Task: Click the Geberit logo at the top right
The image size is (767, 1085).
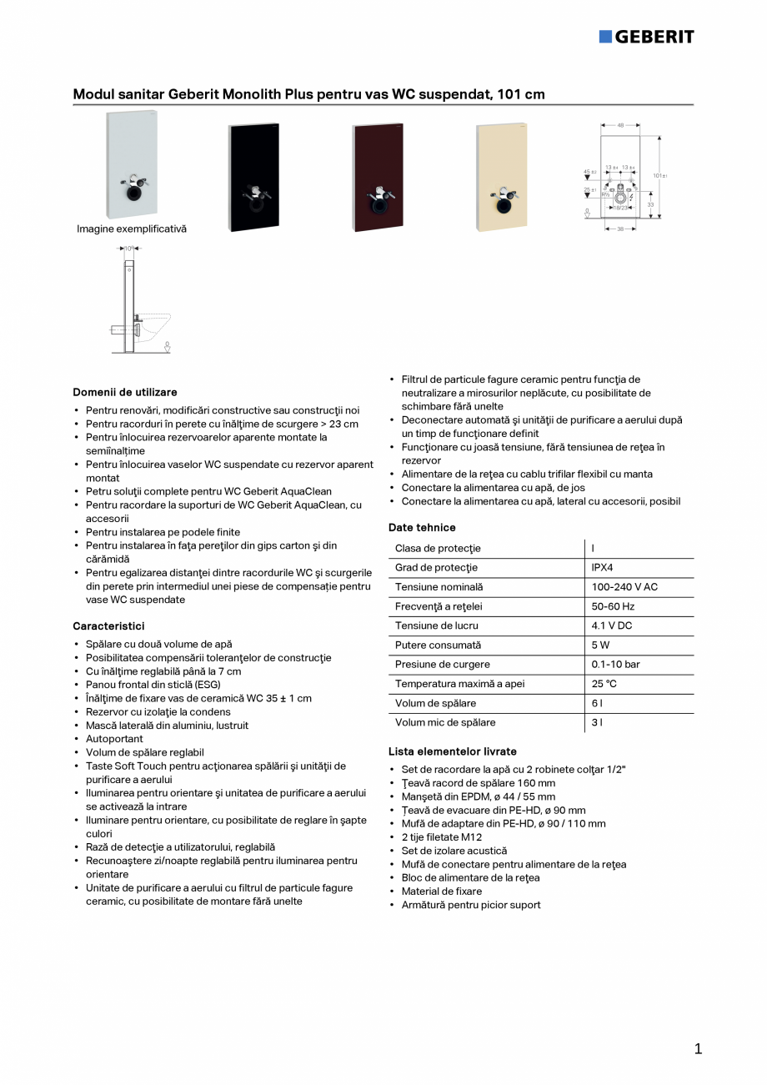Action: pos(646,37)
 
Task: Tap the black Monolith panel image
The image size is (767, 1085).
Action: pos(253,176)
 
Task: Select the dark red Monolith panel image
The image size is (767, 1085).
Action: pos(378,176)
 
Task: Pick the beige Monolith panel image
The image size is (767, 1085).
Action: pos(501,176)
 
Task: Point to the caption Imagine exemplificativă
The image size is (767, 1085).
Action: pos(132,229)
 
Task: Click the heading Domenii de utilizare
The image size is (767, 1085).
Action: pos(125,392)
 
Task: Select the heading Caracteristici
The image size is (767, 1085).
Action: pos(108,625)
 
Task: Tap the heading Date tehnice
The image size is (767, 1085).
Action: pos(422,528)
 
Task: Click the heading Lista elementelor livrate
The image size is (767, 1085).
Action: pos(453,751)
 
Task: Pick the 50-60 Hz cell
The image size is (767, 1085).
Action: pos(613,606)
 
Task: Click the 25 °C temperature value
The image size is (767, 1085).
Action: pos(604,684)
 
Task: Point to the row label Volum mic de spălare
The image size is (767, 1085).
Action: pos(445,723)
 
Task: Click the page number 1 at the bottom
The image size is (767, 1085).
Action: pos(698,1049)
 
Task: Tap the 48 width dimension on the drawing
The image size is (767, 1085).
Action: pos(621,125)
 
